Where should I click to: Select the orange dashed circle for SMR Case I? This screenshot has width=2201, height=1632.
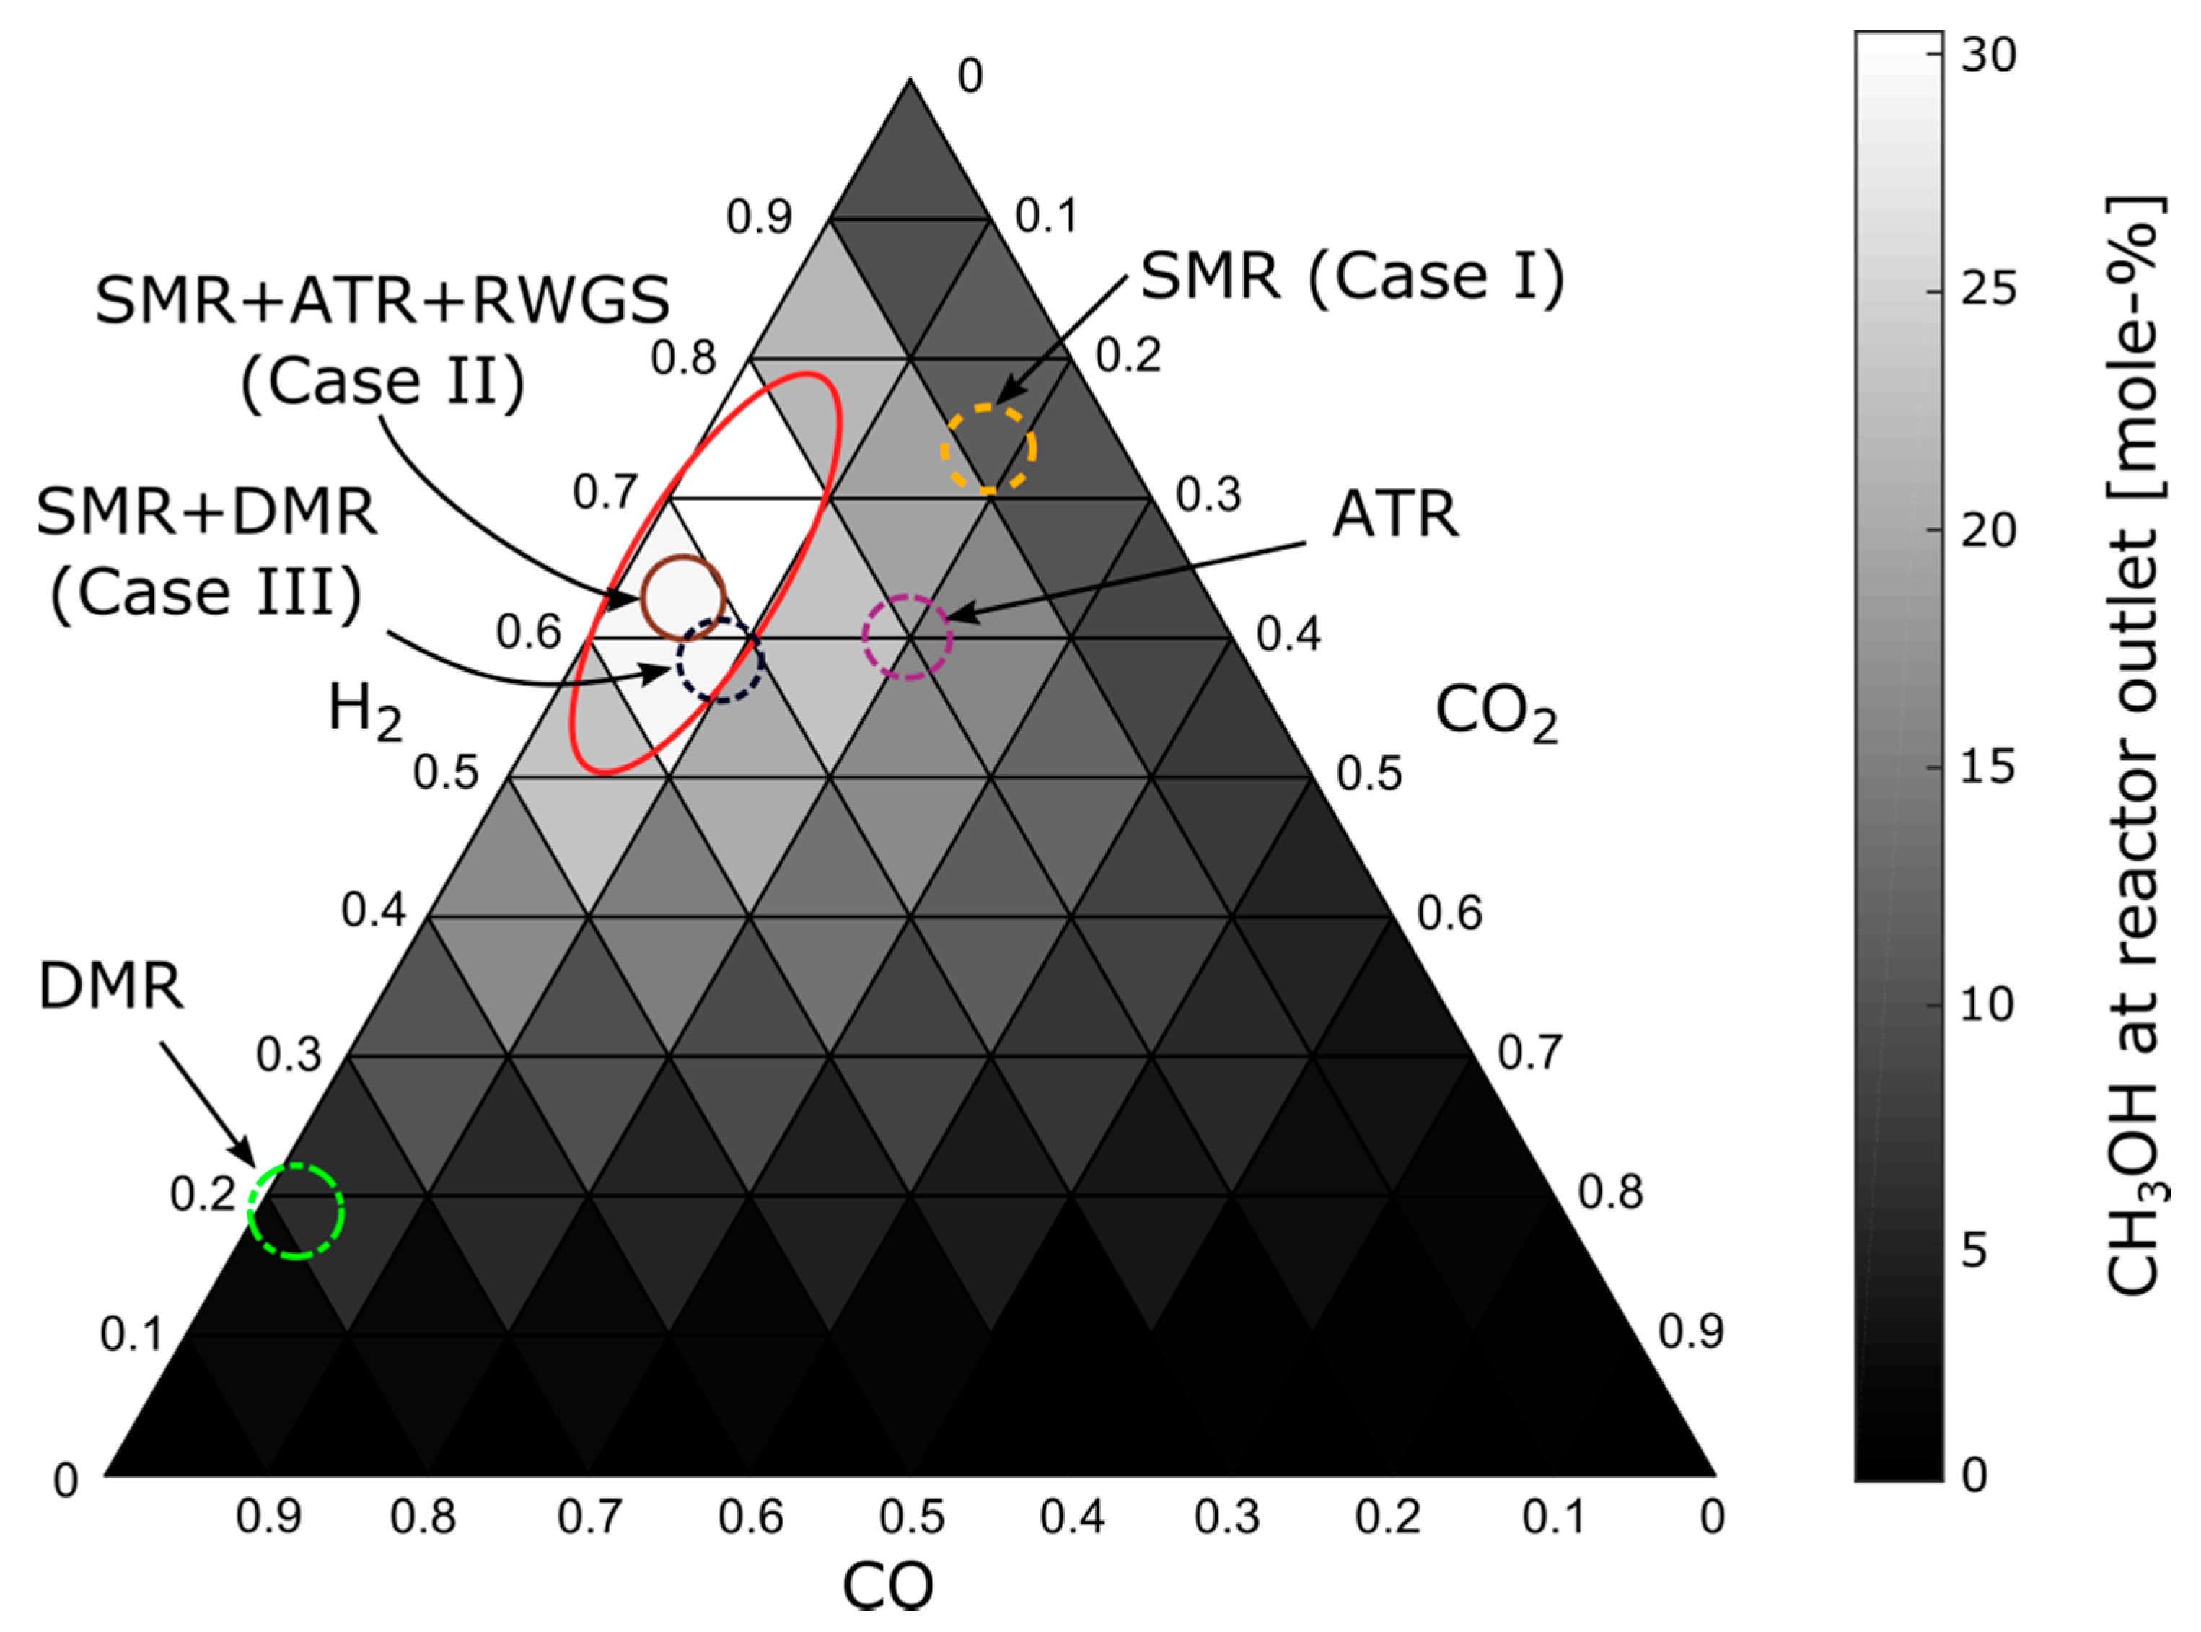[x=988, y=449]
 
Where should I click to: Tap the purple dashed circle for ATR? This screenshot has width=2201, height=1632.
[x=907, y=637]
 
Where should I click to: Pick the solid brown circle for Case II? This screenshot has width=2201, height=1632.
[x=684, y=597]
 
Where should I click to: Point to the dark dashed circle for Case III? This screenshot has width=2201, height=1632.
[x=720, y=661]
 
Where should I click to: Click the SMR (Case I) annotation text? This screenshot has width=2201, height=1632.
[x=1351, y=276]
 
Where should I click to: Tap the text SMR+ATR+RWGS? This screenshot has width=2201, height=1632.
[x=382, y=300]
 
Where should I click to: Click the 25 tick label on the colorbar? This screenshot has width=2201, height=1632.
[x=1987, y=291]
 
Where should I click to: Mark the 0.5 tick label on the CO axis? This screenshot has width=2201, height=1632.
[x=911, y=1517]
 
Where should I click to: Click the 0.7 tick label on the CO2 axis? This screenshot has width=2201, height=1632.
[x=1529, y=1053]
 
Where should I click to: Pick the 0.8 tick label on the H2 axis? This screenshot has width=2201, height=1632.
[x=682, y=358]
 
